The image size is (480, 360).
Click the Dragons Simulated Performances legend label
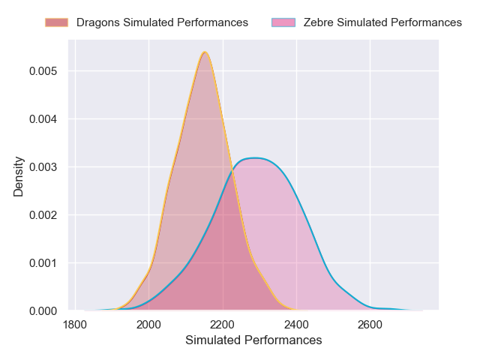162,22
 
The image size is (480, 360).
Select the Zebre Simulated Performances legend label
382,22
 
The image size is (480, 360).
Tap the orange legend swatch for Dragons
57,22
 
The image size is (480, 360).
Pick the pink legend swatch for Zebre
284,22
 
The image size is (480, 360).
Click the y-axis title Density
18,176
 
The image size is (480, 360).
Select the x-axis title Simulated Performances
253,340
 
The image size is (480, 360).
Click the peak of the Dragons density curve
204,52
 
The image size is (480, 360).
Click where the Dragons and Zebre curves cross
231,171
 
